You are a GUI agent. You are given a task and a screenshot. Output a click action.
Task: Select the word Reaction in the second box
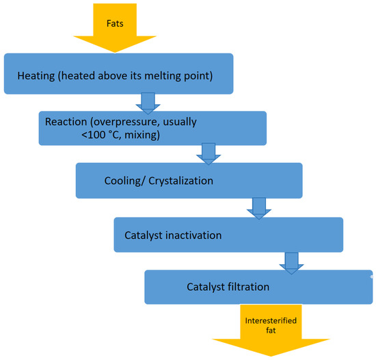click(x=67, y=121)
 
